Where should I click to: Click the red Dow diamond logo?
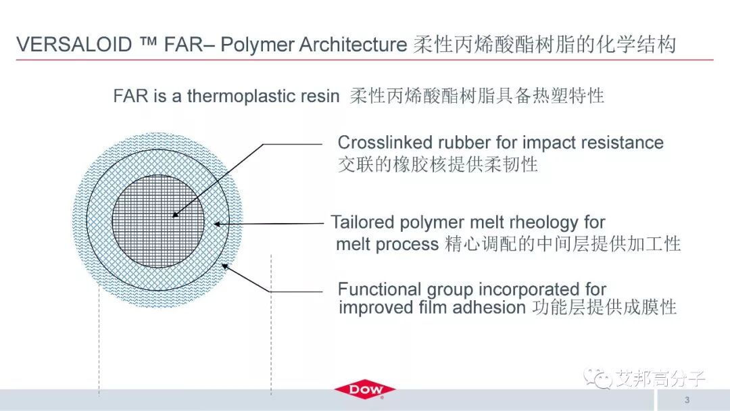364,390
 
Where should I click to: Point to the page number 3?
687,398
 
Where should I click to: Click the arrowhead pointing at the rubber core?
175,215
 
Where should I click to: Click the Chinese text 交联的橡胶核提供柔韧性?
437,164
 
